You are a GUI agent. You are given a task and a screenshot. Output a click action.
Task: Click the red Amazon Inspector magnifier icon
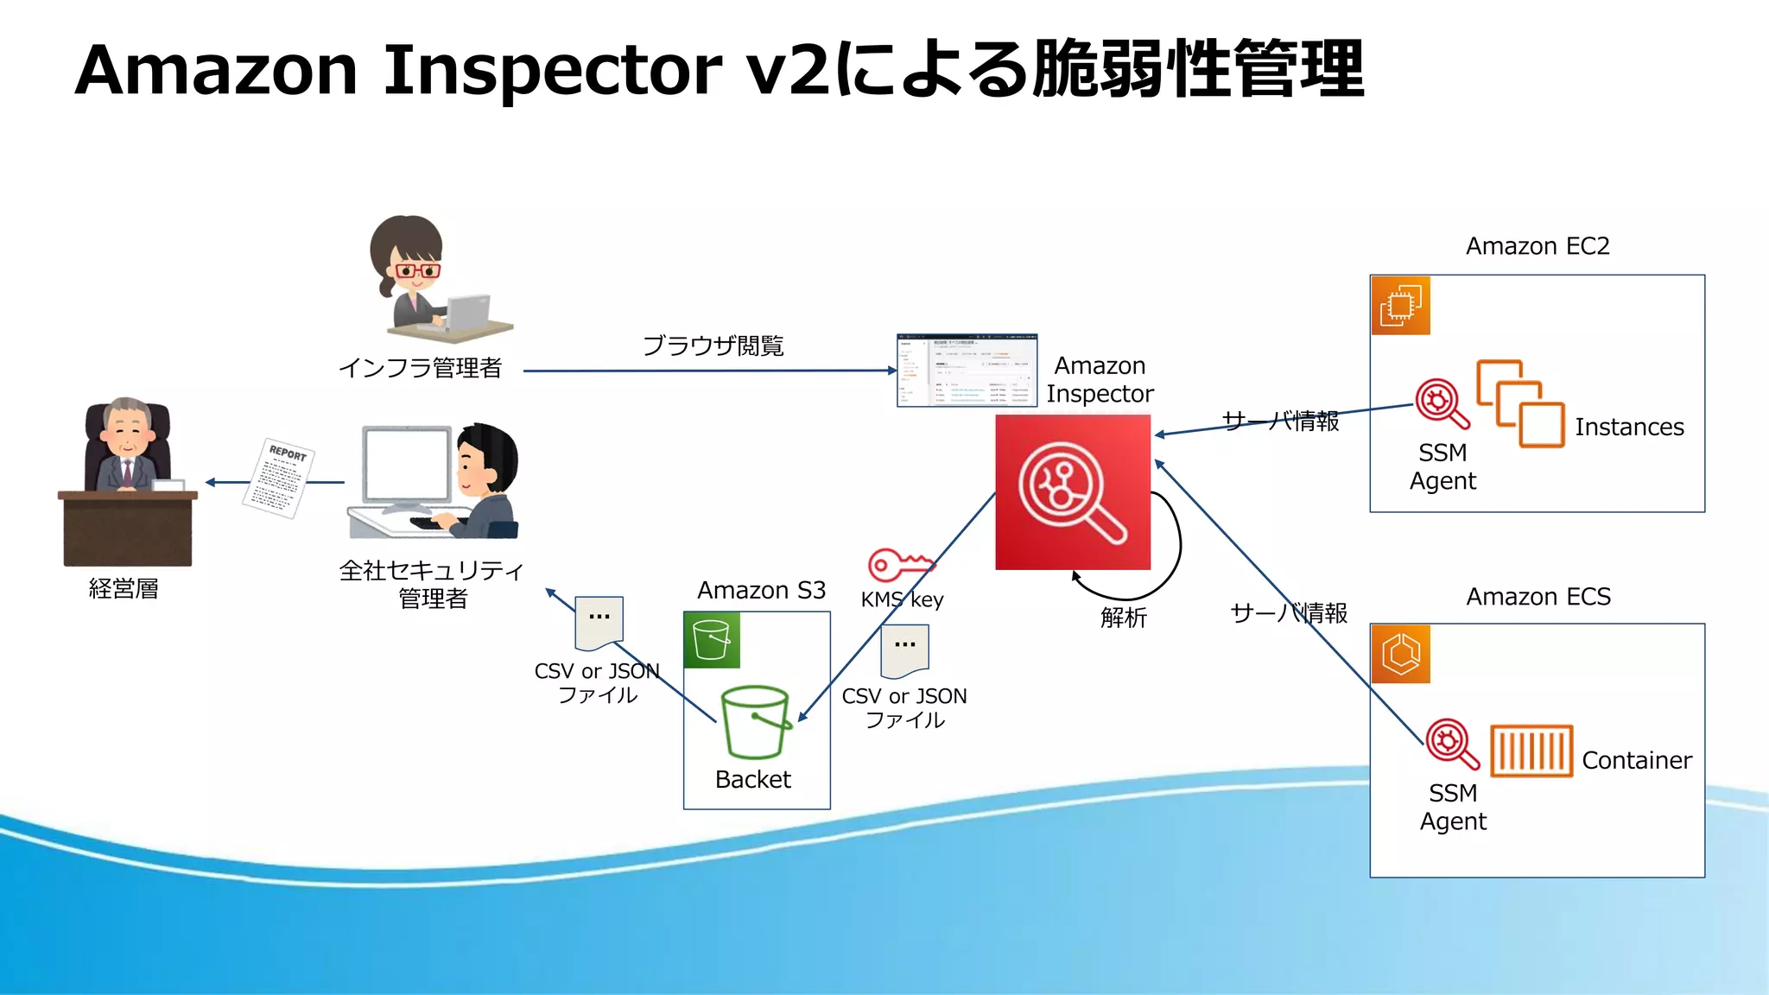1072,492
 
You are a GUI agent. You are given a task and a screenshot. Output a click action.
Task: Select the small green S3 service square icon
712,640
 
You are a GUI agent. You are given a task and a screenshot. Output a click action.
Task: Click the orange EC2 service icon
1401,306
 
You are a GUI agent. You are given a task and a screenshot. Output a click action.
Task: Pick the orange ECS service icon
1401,654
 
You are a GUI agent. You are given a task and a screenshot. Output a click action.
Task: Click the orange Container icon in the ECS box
1531,751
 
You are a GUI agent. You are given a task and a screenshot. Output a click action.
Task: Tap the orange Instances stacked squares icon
1520,403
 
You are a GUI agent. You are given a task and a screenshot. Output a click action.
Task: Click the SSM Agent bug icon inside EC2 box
1441,403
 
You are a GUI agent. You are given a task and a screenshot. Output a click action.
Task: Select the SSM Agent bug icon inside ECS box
1451,743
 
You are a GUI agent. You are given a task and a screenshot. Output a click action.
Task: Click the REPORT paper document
278,478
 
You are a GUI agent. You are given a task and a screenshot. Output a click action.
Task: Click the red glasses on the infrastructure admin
417,270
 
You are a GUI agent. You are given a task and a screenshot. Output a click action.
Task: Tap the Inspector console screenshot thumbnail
967,370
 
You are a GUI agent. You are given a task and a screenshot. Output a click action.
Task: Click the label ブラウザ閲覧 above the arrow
713,346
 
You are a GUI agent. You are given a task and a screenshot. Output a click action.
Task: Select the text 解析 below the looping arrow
1123,618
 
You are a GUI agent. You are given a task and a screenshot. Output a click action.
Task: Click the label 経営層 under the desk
124,589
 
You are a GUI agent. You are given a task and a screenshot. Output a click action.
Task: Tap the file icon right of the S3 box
904,652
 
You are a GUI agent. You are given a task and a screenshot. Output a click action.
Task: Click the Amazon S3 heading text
761,591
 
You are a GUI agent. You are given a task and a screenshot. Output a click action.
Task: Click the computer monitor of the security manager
406,466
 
